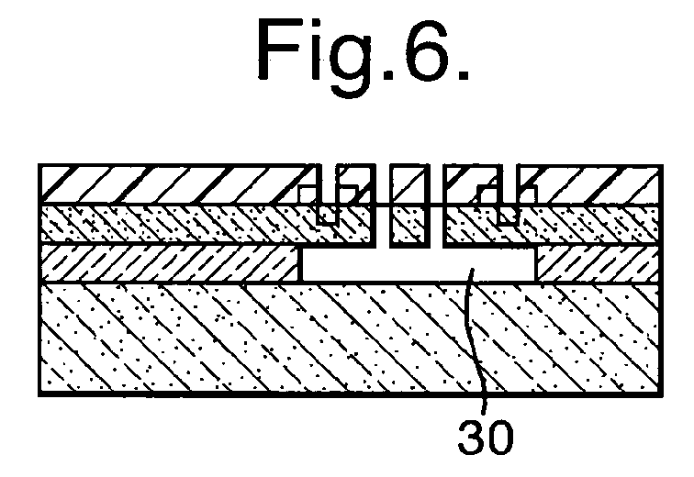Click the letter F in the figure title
tap(279, 49)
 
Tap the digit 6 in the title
tap(421, 49)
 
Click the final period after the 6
tap(463, 74)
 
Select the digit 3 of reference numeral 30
tap(472, 438)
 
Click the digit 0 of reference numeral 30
tap(500, 438)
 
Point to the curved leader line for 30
tap(475, 340)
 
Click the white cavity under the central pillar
tap(418, 264)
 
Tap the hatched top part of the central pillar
tap(409, 184)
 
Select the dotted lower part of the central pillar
tap(409, 224)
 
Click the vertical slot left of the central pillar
tap(383, 205)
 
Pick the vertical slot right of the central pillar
tap(436, 205)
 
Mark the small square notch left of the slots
tap(328, 215)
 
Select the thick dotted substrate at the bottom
tap(350, 338)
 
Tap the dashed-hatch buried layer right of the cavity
tap(598, 263)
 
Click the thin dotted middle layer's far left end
tap(42, 224)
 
